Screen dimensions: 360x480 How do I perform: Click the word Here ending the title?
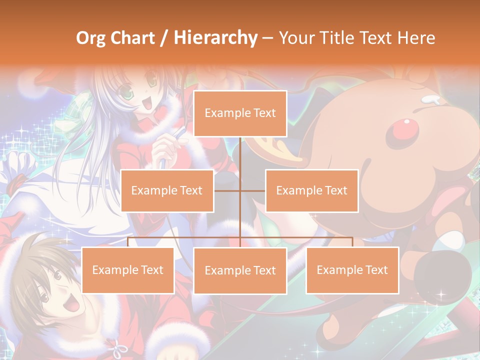pyautogui.click(x=415, y=38)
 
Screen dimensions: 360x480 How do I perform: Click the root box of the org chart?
pyautogui.click(x=240, y=113)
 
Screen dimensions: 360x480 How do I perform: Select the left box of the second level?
pyautogui.click(x=167, y=190)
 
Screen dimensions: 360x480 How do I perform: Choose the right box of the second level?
pyautogui.click(x=311, y=190)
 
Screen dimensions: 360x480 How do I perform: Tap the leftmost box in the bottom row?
pyautogui.click(x=127, y=270)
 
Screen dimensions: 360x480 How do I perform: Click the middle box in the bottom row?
pyautogui.click(x=240, y=270)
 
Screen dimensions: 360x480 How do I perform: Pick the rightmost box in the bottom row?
pyautogui.click(x=352, y=270)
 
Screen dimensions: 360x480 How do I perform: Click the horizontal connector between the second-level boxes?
pyautogui.click(x=240, y=190)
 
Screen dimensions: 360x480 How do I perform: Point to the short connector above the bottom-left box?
pyautogui.click(x=128, y=242)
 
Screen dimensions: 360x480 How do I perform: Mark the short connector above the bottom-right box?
pyautogui.click(x=352, y=242)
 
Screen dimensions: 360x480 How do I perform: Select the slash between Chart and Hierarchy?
pyautogui.click(x=163, y=38)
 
